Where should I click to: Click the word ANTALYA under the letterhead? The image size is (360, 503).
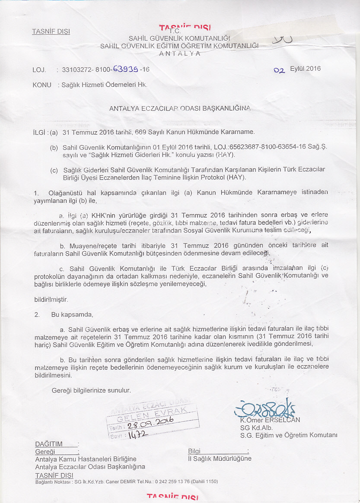[179, 54]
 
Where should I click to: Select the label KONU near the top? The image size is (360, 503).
[42, 85]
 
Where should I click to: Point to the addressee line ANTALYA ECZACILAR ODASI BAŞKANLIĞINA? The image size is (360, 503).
[180, 109]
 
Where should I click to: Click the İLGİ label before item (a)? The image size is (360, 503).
[40, 132]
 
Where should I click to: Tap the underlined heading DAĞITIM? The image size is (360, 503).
[49, 444]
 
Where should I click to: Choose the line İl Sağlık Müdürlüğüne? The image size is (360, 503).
[220, 459]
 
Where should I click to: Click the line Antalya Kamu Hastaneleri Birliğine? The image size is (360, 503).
[86, 459]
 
